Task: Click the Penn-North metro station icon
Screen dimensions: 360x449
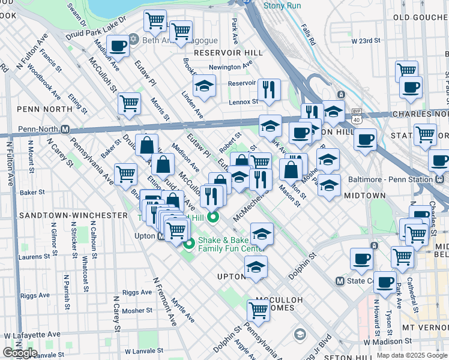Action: click(65, 129)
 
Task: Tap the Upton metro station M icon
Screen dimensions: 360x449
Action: click(161, 236)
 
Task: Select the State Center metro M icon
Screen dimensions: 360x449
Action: click(340, 281)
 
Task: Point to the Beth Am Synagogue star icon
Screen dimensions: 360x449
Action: click(134, 41)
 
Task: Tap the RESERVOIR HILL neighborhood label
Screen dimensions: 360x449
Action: click(229, 53)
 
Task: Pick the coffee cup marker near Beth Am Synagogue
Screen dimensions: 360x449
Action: click(118, 46)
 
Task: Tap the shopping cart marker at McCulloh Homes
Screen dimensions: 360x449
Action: click(258, 310)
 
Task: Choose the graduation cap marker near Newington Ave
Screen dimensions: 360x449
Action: click(204, 86)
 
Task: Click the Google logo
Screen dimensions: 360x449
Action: click(20, 353)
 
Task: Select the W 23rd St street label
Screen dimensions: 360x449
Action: click(367, 41)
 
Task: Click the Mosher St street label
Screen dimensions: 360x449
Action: click(137, 311)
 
